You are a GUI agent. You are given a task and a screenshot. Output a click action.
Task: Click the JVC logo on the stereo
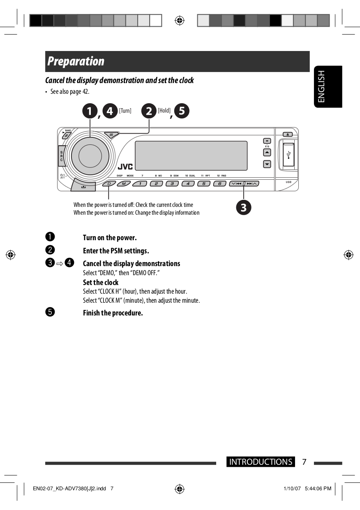click(x=125, y=167)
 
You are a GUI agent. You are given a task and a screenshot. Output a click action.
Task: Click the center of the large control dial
click(x=90, y=155)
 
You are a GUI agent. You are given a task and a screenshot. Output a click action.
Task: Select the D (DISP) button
click(x=109, y=184)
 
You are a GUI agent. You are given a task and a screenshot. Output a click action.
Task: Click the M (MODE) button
click(x=124, y=184)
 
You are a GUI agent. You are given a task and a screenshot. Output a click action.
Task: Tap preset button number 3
click(x=172, y=184)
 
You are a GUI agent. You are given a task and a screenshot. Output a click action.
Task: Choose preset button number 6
click(x=219, y=184)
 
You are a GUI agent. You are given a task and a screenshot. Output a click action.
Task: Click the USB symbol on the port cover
click(x=289, y=154)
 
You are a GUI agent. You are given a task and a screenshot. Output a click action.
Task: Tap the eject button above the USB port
click(x=288, y=134)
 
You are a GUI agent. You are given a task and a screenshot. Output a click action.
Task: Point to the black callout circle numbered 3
click(x=243, y=207)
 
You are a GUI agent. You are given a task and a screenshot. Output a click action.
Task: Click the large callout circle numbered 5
click(x=182, y=111)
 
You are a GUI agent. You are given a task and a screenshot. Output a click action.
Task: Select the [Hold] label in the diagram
click(x=164, y=111)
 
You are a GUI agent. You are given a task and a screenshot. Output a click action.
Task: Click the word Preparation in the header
click(x=76, y=61)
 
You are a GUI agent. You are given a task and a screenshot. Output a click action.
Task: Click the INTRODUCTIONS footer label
click(x=261, y=462)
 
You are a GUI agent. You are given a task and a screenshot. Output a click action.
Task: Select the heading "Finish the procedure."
click(x=113, y=313)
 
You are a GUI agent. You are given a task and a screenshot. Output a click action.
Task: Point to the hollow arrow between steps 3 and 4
click(x=60, y=263)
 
